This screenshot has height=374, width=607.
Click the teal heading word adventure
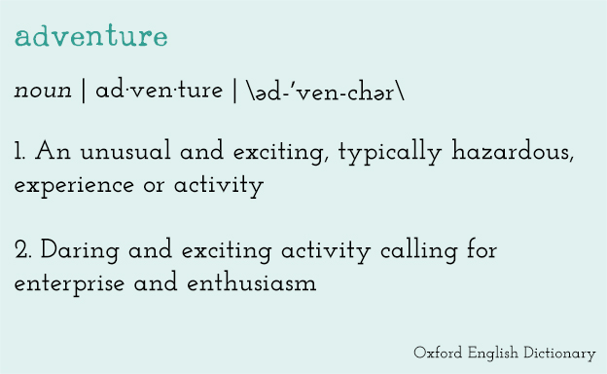coord(91,38)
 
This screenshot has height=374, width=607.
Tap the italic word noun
coord(43,92)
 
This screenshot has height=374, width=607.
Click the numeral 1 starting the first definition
coord(18,152)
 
